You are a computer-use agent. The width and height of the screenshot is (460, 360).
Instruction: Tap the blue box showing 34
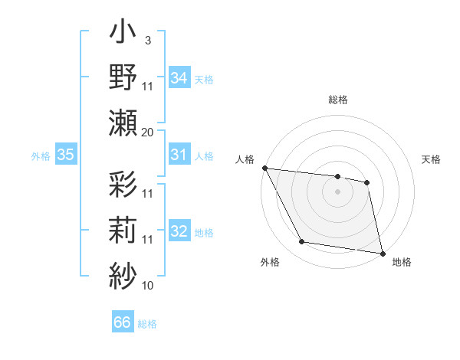point(179,77)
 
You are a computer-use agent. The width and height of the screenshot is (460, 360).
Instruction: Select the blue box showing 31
point(179,155)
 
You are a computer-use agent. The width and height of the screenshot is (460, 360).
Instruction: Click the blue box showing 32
point(179,232)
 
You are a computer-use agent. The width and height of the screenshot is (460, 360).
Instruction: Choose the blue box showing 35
point(65,155)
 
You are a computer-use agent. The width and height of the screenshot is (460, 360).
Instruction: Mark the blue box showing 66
point(123,322)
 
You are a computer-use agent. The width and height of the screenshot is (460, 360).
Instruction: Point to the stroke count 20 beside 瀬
point(148,133)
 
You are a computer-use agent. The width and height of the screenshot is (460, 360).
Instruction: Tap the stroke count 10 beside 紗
point(148,286)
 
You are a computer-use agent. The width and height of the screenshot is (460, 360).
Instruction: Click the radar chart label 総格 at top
point(338,100)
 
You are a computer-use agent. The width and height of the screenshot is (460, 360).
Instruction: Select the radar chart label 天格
point(432,159)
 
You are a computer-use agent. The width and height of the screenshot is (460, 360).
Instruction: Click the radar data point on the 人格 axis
point(264,168)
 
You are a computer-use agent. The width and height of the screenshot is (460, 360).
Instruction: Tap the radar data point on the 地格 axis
point(381,253)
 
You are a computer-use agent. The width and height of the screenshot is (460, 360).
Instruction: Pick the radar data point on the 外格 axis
point(302,242)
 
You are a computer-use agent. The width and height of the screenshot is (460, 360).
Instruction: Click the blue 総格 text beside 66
point(147,324)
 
